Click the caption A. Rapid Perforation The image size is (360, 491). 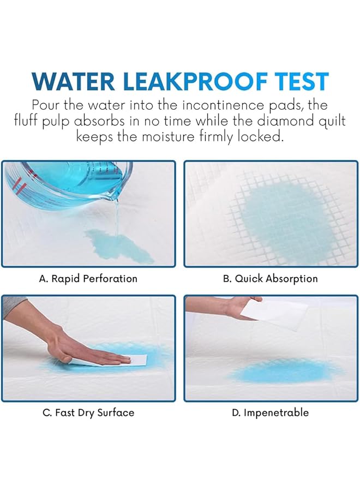88,279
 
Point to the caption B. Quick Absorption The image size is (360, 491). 271,279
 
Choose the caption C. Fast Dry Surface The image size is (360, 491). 88,412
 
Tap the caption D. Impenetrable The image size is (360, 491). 271,412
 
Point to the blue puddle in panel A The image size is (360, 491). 117,244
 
